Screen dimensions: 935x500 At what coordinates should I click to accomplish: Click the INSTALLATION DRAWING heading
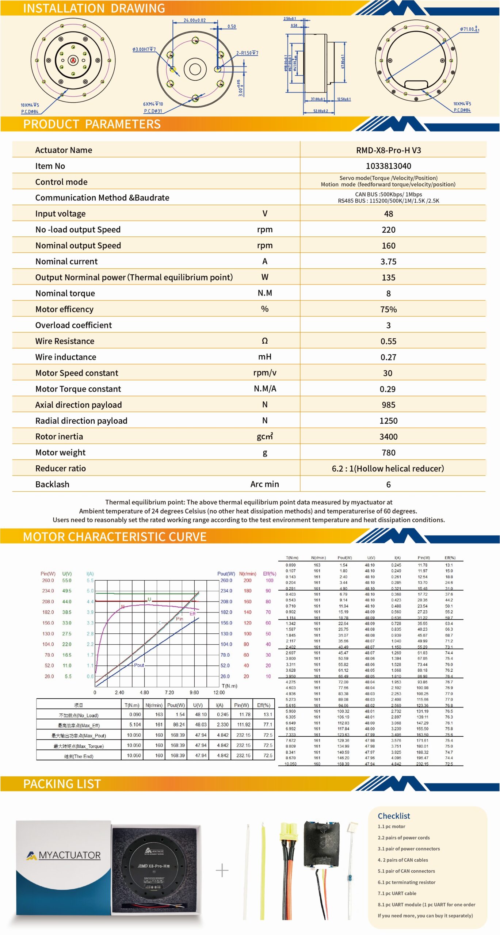pyautogui.click(x=94, y=8)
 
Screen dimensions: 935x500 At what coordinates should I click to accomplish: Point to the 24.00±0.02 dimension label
pyautogui.click(x=194, y=20)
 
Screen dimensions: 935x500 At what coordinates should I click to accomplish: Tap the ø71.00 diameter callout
pyautogui.click(x=469, y=29)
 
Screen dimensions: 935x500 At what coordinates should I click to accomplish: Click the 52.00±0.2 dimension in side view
pyautogui.click(x=320, y=111)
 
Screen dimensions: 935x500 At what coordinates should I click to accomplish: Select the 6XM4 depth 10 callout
pyautogui.click(x=153, y=104)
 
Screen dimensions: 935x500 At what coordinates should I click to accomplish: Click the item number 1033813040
pyautogui.click(x=388, y=166)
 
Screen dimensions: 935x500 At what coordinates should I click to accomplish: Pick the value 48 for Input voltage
pyautogui.click(x=388, y=214)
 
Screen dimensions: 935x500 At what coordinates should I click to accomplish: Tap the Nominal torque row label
pyautogui.click(x=65, y=293)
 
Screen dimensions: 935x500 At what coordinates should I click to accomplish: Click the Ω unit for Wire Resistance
pyautogui.click(x=265, y=341)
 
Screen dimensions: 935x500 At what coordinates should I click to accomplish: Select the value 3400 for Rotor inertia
pyautogui.click(x=388, y=436)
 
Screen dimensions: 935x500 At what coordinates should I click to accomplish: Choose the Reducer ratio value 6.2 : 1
pyautogui.click(x=388, y=469)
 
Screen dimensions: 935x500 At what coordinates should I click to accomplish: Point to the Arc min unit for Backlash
pyautogui.click(x=264, y=484)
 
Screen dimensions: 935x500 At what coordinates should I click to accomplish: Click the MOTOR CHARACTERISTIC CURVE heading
pyautogui.click(x=115, y=537)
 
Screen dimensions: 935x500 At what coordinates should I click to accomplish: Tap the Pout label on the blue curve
pyautogui.click(x=139, y=665)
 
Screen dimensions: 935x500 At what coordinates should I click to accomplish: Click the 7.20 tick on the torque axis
pyautogui.click(x=169, y=692)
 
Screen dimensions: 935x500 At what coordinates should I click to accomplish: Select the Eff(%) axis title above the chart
pyautogui.click(x=270, y=574)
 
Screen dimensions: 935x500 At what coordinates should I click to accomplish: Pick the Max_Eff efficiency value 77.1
pyautogui.click(x=268, y=725)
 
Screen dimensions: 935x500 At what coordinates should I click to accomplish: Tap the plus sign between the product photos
pyautogui.click(x=222, y=871)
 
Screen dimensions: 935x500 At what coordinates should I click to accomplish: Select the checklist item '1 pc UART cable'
pyautogui.click(x=397, y=893)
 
